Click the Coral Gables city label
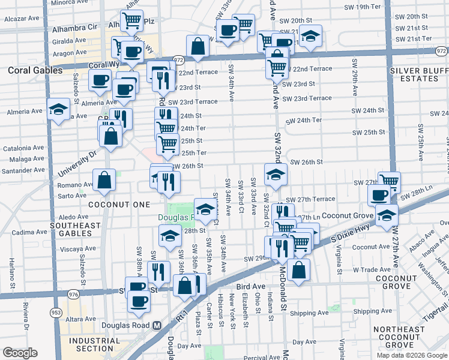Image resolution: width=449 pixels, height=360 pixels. (x=35, y=70)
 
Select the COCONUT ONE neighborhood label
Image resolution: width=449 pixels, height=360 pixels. (x=119, y=205)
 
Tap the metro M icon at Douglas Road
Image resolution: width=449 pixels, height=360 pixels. (x=157, y=325)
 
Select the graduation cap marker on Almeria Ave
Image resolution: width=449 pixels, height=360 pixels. (x=58, y=110)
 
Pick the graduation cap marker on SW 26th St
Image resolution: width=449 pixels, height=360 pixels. (x=276, y=175)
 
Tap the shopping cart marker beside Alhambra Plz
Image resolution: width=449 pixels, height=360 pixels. (x=132, y=22)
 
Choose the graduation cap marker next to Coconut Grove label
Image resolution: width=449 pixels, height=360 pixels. (x=387, y=214)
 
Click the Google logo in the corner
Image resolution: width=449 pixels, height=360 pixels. (x=20, y=352)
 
